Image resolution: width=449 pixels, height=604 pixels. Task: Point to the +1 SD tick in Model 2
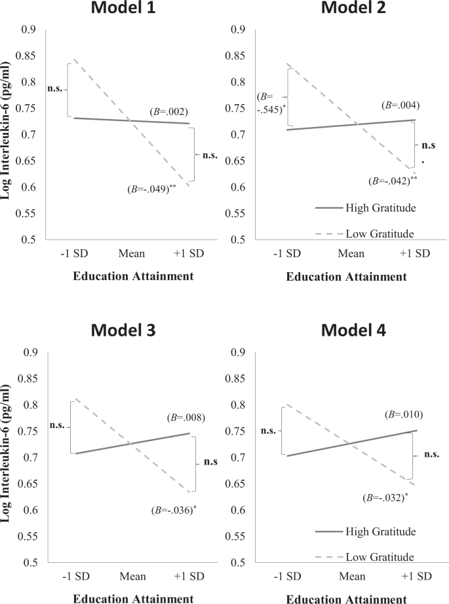[414, 253]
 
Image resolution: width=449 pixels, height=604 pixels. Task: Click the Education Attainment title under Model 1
[133, 276]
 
